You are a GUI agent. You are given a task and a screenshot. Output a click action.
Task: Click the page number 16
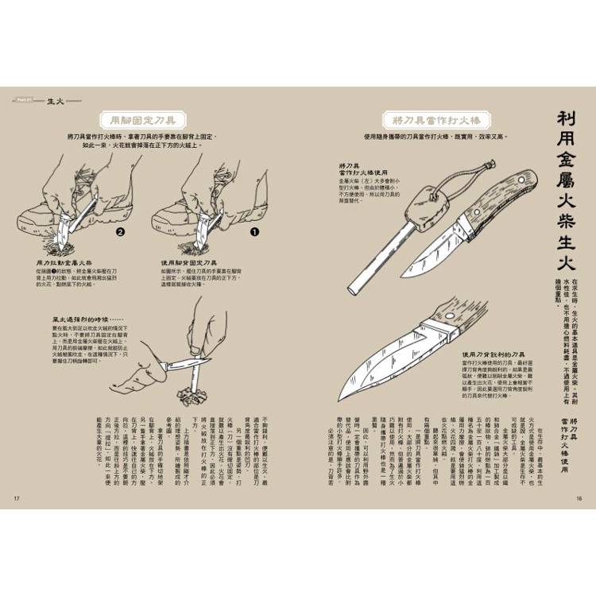[x=579, y=499]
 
